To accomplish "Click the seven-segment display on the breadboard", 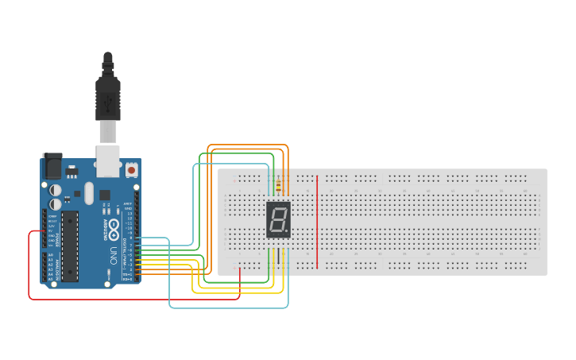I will point(278,219).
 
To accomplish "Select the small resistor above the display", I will point(278,188).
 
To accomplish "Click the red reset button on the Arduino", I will point(130,169).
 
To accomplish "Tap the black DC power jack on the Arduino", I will point(52,167).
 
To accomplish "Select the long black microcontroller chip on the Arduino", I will point(70,246).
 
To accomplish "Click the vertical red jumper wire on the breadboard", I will point(317,223).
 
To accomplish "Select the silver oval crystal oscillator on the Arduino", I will point(88,193).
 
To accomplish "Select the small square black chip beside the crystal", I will point(105,195).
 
